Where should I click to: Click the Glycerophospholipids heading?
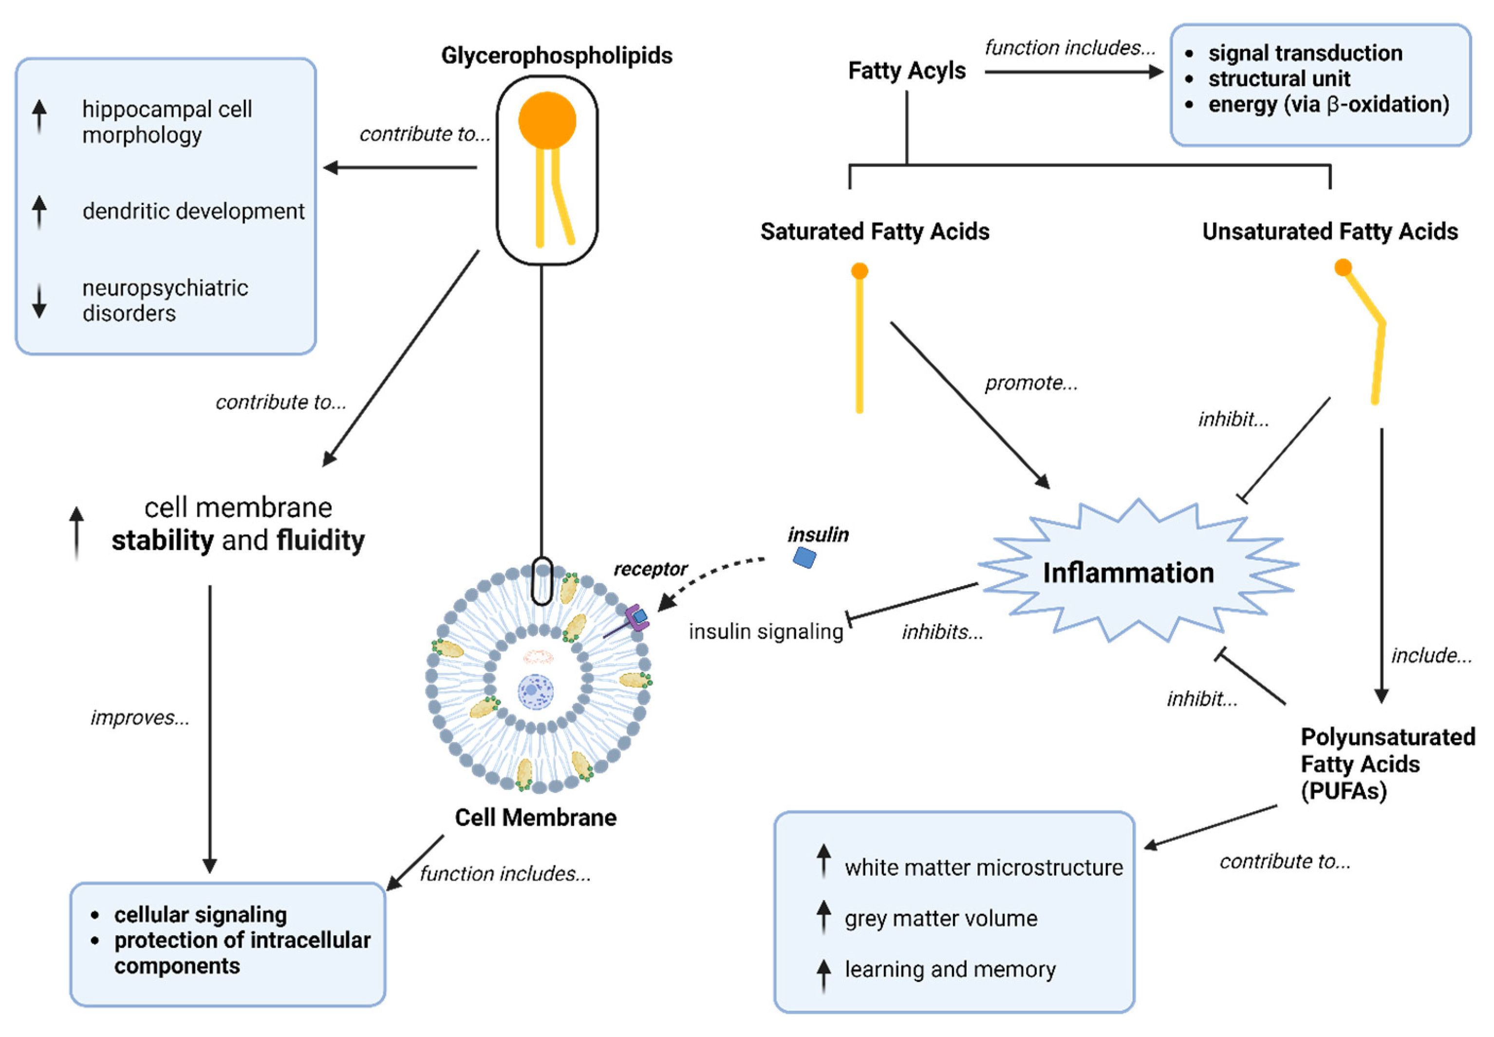[556, 56]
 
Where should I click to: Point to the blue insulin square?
[804, 557]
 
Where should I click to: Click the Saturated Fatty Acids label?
[874, 231]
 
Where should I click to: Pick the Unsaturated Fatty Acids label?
[1329, 231]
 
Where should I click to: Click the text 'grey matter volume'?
[940, 918]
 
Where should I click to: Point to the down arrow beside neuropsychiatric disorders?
[39, 301]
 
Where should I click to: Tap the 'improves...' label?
[140, 717]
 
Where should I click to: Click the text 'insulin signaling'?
[765, 631]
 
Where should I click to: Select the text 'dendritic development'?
[193, 211]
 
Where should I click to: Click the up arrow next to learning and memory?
[823, 973]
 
